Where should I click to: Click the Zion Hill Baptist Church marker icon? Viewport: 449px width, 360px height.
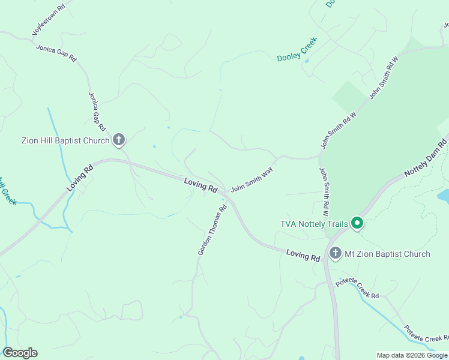point(119,140)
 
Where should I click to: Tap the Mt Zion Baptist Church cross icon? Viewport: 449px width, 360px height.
point(335,253)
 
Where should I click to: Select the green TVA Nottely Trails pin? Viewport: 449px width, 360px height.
point(357,223)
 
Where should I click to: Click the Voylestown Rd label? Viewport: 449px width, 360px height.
point(48,22)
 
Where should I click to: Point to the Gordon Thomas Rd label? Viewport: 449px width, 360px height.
point(212,230)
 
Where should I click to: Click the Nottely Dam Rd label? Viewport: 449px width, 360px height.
point(426,158)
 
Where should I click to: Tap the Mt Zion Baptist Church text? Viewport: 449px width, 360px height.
point(387,254)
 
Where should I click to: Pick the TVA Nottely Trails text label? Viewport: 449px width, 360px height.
point(314,224)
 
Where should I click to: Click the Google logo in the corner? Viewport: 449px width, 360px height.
point(20,353)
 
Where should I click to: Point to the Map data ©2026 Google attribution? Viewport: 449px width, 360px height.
point(412,355)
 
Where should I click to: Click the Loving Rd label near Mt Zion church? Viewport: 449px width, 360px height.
point(303,255)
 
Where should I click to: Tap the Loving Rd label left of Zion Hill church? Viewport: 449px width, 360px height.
point(81,178)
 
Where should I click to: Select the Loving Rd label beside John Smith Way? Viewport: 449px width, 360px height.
point(200,185)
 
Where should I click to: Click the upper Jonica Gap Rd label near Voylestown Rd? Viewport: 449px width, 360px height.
point(56,53)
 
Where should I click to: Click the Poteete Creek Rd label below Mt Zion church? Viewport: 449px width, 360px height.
point(357,288)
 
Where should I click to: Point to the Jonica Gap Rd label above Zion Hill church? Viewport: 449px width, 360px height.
point(97,112)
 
